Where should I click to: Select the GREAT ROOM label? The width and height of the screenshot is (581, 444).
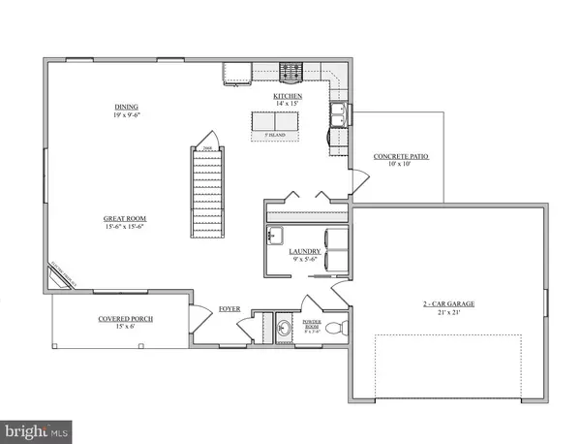[125, 219]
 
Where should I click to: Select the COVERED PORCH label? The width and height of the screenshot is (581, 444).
[125, 319]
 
